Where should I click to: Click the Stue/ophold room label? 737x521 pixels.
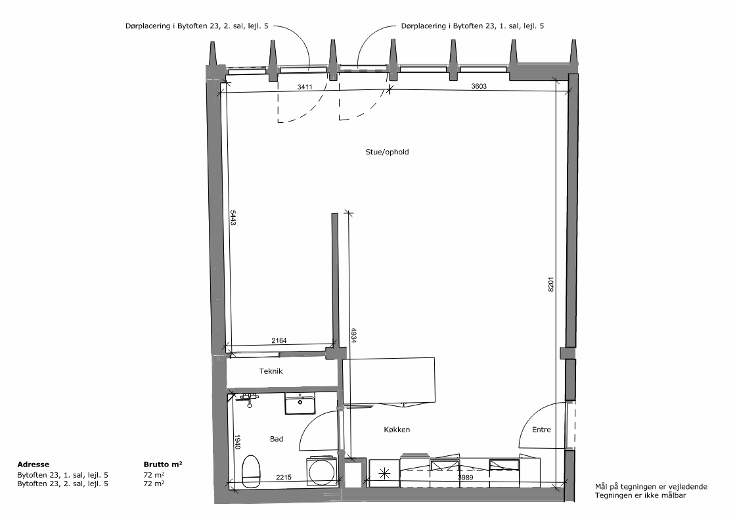pos(387,152)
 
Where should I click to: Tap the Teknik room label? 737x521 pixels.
pos(271,371)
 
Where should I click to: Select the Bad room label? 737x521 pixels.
pos(277,439)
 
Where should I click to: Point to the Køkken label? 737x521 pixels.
pos(397,429)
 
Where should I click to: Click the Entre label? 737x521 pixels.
pos(541,429)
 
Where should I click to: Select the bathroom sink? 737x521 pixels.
pos(300,404)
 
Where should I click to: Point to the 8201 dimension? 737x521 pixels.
pos(551,284)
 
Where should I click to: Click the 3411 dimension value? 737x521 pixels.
pos(305,87)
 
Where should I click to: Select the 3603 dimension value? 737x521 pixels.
pos(479,86)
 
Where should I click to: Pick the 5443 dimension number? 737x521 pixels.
pos(233,217)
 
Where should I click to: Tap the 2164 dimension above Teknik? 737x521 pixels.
pos(279,340)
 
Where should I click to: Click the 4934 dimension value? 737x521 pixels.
pos(353,335)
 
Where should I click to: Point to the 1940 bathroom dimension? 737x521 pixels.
pos(238,442)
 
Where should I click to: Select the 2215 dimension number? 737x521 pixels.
pos(283,477)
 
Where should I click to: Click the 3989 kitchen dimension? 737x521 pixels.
pos(465,477)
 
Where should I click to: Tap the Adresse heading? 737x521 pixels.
pos(33,464)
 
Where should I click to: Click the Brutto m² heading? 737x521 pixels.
pos(163,464)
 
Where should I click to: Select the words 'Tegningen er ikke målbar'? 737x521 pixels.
pos(640,495)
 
